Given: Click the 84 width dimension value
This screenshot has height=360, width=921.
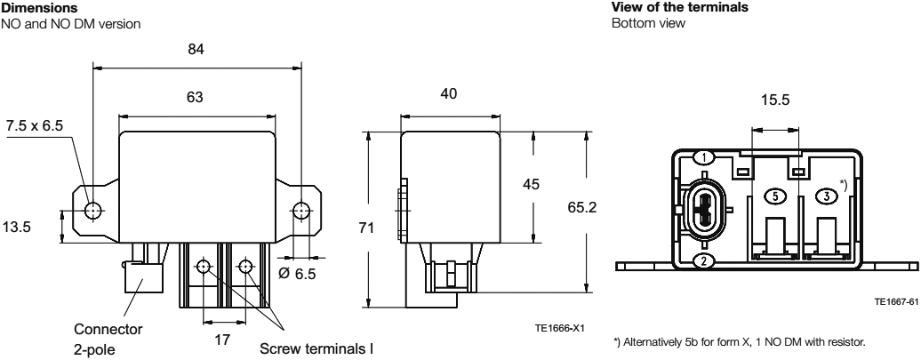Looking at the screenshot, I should pos(196,50).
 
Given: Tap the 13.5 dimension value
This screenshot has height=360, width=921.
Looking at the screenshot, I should pos(16,227).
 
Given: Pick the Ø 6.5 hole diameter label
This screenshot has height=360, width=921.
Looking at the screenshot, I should pos(298,274).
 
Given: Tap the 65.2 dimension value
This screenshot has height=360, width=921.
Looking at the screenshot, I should pos(612,206).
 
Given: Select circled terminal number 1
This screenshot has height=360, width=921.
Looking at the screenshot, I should pos(703,158).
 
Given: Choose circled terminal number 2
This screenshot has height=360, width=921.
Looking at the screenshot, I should pos(703,260).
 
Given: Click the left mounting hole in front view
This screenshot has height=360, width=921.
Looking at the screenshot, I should pos(92,211).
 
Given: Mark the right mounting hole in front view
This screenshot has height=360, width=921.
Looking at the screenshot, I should pos(301,211).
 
